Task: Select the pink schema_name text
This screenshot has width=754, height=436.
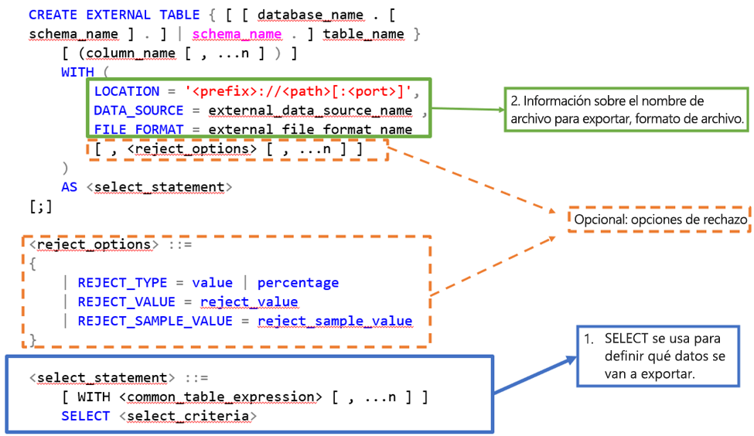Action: click(x=237, y=33)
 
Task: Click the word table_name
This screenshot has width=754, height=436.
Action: click(x=363, y=33)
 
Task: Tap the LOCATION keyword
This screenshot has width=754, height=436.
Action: click(x=126, y=91)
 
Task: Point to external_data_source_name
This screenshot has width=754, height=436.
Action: click(x=310, y=111)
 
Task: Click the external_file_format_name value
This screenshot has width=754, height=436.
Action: click(x=310, y=129)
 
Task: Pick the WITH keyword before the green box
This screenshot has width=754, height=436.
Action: click(x=77, y=72)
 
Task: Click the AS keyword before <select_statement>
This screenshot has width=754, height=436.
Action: click(x=70, y=186)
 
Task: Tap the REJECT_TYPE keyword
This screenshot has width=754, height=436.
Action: click(x=122, y=282)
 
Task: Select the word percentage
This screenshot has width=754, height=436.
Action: click(x=298, y=282)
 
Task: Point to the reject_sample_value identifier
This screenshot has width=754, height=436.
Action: click(x=334, y=321)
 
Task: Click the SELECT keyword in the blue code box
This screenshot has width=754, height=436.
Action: click(x=86, y=416)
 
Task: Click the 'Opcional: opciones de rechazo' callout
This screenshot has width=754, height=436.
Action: click(x=660, y=220)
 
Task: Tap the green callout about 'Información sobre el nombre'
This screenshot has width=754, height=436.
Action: click(x=627, y=111)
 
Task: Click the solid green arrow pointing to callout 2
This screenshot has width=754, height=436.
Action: click(x=468, y=111)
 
